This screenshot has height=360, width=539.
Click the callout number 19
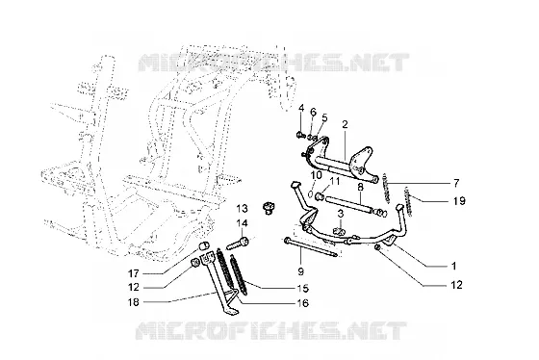[x=459, y=200]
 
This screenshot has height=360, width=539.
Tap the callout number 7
[x=456, y=183]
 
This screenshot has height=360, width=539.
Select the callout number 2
[x=345, y=124]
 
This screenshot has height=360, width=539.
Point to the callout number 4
[x=301, y=108]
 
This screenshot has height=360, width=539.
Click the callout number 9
[x=300, y=271]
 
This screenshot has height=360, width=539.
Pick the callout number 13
[x=242, y=208]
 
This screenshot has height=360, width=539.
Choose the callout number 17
[x=134, y=273]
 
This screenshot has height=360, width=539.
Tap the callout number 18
[x=134, y=302]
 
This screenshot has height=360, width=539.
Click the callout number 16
[x=302, y=303]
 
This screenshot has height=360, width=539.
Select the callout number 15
[x=302, y=288]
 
